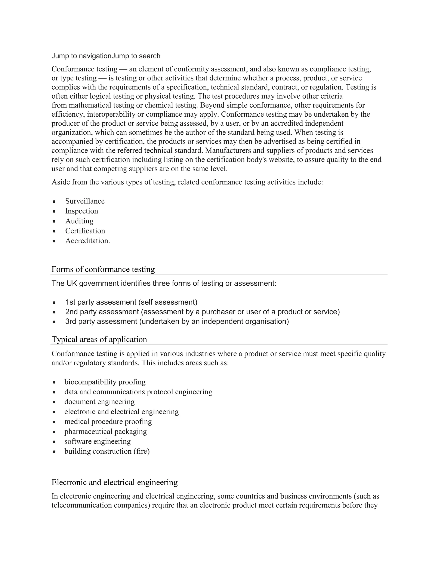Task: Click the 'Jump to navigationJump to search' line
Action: [106, 56]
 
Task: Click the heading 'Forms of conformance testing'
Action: [103, 269]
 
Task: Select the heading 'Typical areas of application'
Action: [99, 339]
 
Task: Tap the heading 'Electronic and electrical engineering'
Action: [114, 482]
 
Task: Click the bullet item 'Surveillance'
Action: [85, 201]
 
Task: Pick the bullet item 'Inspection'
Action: [81, 211]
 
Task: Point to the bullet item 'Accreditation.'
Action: [87, 241]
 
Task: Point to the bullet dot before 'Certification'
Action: [54, 231]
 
